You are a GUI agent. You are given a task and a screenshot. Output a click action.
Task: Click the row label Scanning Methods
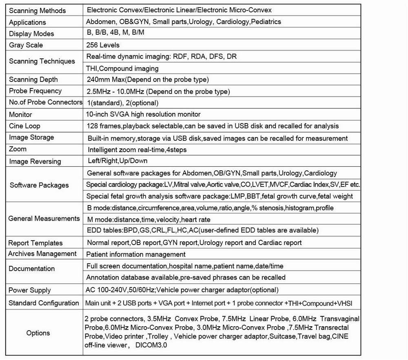point(37,11)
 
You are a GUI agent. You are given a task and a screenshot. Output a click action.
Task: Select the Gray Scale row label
point(26,45)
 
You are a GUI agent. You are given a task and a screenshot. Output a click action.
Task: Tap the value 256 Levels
point(103,45)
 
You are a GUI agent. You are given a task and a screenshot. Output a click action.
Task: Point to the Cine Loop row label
point(24,126)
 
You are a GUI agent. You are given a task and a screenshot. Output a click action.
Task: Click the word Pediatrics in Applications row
point(266,22)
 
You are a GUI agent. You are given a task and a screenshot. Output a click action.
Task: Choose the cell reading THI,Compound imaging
point(123,68)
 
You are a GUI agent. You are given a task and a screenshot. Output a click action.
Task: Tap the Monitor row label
point(20,115)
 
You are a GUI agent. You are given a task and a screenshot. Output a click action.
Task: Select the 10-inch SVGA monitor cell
point(144,115)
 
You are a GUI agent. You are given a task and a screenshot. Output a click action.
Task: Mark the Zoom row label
point(18,149)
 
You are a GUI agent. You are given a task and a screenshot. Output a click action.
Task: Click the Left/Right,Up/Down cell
point(118,161)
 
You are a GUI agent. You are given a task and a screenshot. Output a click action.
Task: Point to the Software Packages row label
point(39,185)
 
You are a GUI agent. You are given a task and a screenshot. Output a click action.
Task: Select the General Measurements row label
point(44,219)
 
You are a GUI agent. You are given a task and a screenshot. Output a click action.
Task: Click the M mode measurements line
point(149,219)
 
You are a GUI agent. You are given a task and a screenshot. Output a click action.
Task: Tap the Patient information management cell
point(136,254)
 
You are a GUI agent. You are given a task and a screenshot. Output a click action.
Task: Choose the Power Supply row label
point(30,290)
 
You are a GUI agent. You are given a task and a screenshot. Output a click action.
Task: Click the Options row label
point(38,333)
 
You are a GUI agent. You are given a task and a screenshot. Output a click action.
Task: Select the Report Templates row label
point(35,243)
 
